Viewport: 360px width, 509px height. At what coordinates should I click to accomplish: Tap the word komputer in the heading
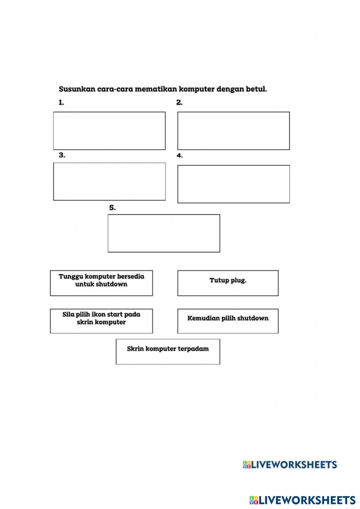click(x=197, y=89)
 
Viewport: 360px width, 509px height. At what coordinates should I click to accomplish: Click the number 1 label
click(x=61, y=103)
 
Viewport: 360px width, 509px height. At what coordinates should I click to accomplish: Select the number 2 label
click(x=179, y=103)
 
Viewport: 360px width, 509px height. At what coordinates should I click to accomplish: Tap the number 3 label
click(x=62, y=155)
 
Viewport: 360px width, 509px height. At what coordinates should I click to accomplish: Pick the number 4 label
click(x=179, y=156)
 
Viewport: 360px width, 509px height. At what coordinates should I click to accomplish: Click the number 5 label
click(x=112, y=208)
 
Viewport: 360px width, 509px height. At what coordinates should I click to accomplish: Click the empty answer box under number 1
click(x=109, y=131)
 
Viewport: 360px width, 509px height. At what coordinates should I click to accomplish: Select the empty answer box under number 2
click(x=233, y=131)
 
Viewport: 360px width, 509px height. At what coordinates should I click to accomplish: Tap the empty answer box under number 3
click(x=109, y=182)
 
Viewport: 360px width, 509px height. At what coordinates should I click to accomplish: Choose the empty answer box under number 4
click(x=233, y=184)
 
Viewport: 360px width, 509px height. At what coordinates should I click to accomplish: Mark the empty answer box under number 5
click(x=164, y=233)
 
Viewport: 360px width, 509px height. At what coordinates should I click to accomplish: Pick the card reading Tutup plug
click(x=228, y=283)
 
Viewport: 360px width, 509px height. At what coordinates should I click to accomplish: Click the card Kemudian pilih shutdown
click(x=228, y=321)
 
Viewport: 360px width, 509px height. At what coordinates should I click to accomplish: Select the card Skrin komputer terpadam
click(x=168, y=352)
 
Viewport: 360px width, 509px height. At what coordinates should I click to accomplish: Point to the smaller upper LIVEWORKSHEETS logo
click(x=290, y=465)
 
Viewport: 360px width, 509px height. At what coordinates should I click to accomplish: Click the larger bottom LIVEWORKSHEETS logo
click(x=302, y=500)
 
